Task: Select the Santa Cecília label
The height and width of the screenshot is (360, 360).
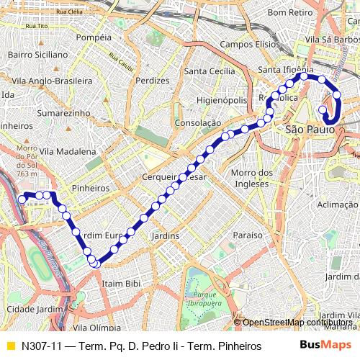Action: (x=210, y=71)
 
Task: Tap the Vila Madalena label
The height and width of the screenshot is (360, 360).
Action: (x=68, y=152)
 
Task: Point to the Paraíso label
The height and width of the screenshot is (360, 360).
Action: (x=248, y=235)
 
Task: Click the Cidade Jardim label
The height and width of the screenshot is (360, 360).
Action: (x=30, y=310)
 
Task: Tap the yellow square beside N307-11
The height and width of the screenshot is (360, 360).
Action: (x=10, y=345)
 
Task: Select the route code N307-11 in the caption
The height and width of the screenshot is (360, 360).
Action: (x=41, y=345)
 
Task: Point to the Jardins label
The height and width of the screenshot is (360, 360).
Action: (x=166, y=236)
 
